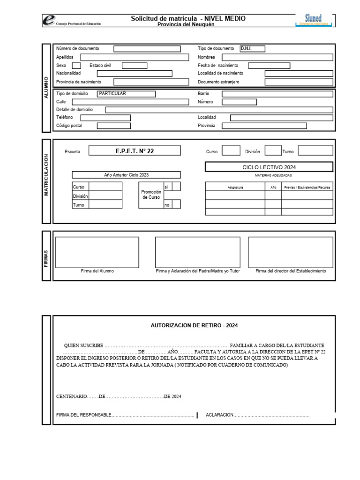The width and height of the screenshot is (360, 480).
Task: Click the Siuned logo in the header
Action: (314, 19)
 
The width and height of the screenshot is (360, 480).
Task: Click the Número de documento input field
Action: (147, 49)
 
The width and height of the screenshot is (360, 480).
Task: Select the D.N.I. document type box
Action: (252, 48)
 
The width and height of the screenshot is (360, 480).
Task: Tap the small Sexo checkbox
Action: (76, 66)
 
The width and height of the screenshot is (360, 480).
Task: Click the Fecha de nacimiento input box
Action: (270, 66)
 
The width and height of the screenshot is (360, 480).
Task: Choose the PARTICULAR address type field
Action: (127, 93)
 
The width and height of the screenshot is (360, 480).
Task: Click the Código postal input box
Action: (113, 126)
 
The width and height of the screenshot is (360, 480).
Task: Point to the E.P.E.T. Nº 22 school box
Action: (135, 151)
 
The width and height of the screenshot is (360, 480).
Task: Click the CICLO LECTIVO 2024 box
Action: (269, 167)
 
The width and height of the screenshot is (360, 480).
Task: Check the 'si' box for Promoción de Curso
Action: (176, 187)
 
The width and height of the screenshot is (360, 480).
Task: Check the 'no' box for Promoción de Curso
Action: (176, 204)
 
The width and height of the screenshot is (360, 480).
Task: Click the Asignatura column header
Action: (235, 187)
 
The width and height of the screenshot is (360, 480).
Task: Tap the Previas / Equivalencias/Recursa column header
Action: (307, 187)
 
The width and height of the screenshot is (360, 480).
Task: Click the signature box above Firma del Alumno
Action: (97, 252)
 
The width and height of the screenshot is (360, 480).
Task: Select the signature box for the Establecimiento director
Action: (291, 252)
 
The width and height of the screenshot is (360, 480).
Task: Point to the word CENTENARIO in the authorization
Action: (72, 396)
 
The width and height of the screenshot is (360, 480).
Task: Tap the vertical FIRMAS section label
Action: (46, 256)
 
